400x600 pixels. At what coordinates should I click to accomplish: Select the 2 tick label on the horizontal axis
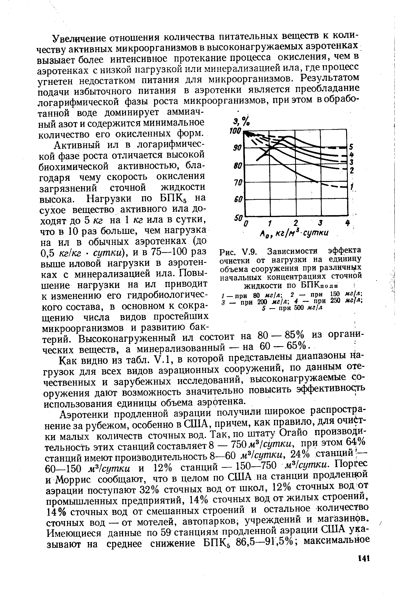[x=295, y=223]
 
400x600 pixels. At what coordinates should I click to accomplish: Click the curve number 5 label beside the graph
[x=351, y=147]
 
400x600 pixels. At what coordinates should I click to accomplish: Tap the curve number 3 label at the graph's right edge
[x=351, y=162]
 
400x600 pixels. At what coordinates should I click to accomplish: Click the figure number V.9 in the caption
[x=249, y=252]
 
